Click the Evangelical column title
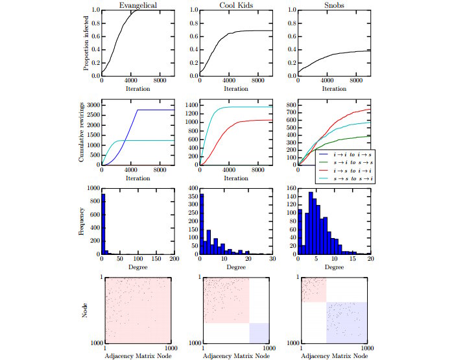pos(136,5)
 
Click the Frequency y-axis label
pos(81,221)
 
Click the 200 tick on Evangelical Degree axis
pos(173,259)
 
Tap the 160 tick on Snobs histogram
pos(290,189)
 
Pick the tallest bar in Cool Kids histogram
pos(202,224)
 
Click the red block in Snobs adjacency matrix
pos(313,288)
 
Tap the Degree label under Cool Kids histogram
pos(235,267)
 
